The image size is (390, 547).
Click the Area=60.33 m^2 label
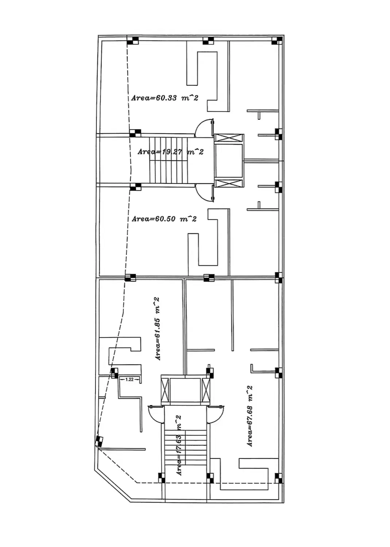coord(165,98)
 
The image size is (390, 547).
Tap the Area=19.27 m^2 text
coord(171,152)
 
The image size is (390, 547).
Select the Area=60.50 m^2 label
coord(164,218)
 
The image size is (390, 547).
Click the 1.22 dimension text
coord(129,380)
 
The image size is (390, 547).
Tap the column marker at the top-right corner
coord(277,40)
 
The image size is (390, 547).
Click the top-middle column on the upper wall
coord(208,40)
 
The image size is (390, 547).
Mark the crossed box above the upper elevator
coord(229,138)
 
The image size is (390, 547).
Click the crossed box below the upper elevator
coord(229,183)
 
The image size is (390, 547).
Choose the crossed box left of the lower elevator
coord(165,390)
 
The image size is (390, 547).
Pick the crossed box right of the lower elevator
coord(206,390)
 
